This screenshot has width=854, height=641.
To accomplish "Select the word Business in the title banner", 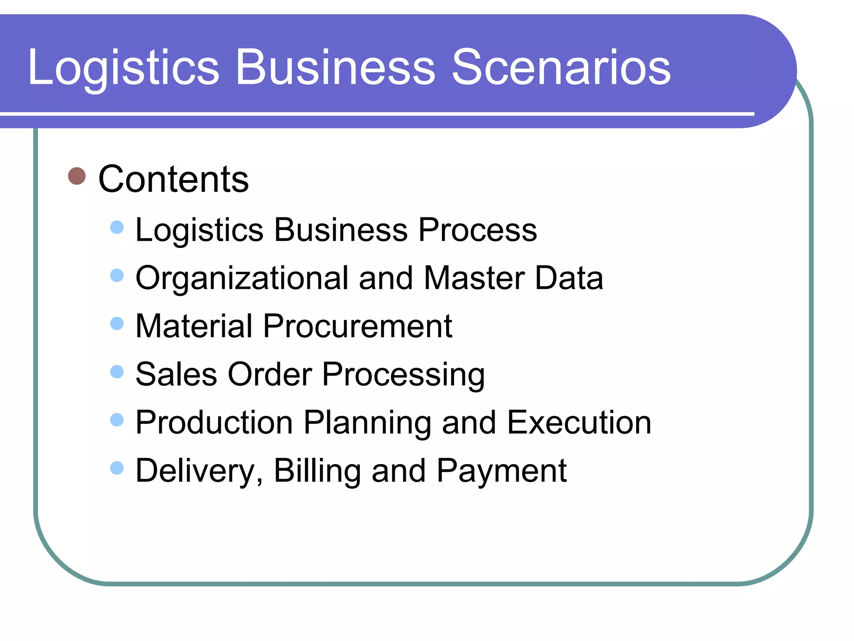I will pyautogui.click(x=335, y=67).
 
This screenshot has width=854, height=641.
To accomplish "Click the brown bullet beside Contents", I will pyautogui.click(x=77, y=176).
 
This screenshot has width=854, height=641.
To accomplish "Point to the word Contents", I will pyautogui.click(x=173, y=179).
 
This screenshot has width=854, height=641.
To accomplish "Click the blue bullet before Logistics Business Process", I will pyautogui.click(x=117, y=227).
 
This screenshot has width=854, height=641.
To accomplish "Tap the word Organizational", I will pyautogui.click(x=242, y=279).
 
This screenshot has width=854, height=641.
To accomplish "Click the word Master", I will pyautogui.click(x=474, y=278).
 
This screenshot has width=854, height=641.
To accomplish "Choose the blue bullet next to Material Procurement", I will pyautogui.click(x=117, y=323).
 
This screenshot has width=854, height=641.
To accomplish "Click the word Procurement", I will pyautogui.click(x=357, y=326).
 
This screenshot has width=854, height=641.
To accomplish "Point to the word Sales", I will pyautogui.click(x=176, y=374).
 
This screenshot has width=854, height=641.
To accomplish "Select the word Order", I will pyautogui.click(x=270, y=374).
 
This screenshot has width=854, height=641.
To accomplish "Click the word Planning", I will pyautogui.click(x=367, y=423).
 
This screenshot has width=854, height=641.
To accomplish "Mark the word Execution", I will pyautogui.click(x=579, y=422).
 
